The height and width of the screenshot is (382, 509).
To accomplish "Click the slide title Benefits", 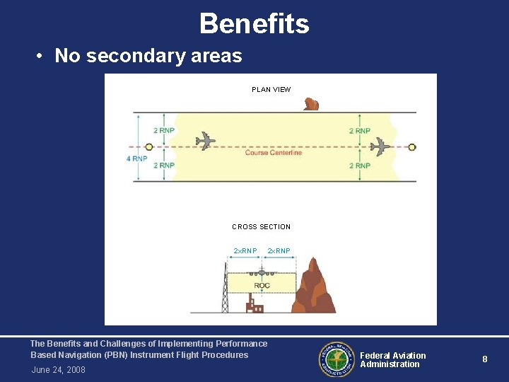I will (x=254, y=23).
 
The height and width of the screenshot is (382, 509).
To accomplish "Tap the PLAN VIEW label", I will (x=271, y=90).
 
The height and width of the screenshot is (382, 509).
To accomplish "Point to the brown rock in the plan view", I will (x=311, y=105).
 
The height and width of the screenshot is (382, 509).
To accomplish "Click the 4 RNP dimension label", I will (x=136, y=158).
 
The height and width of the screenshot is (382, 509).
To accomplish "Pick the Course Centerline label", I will (x=273, y=153).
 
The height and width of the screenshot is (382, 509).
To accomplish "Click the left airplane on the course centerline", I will (x=205, y=140).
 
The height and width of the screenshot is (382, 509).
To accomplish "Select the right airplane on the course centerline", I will (x=380, y=146).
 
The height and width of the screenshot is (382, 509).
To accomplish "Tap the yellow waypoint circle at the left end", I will (x=149, y=147).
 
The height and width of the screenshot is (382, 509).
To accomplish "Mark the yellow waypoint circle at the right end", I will (x=412, y=147).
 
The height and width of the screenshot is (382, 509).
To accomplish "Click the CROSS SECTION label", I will (x=261, y=227).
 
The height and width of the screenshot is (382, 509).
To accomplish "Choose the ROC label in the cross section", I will (x=262, y=286).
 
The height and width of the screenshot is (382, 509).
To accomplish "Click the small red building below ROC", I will (x=254, y=306).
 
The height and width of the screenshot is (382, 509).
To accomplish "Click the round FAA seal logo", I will (x=336, y=359).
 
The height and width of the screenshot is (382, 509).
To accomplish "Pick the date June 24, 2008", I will (x=58, y=370).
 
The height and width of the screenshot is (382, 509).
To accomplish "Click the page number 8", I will (x=484, y=359).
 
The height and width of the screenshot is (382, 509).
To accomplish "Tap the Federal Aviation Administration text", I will (x=393, y=360).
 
